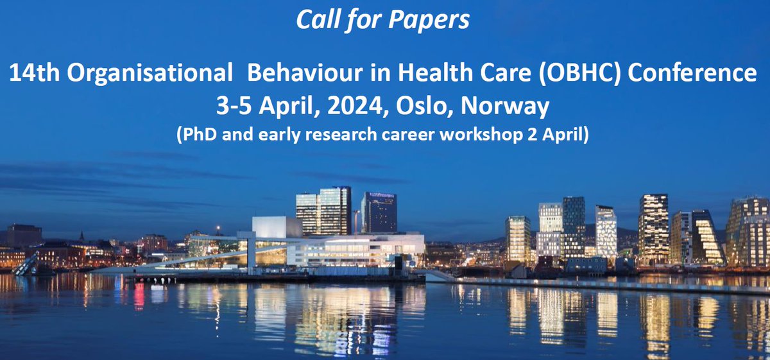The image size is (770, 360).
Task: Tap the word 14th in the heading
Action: pyautogui.click(x=38, y=74)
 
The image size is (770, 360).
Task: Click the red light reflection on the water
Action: pyautogui.click(x=139, y=296)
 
